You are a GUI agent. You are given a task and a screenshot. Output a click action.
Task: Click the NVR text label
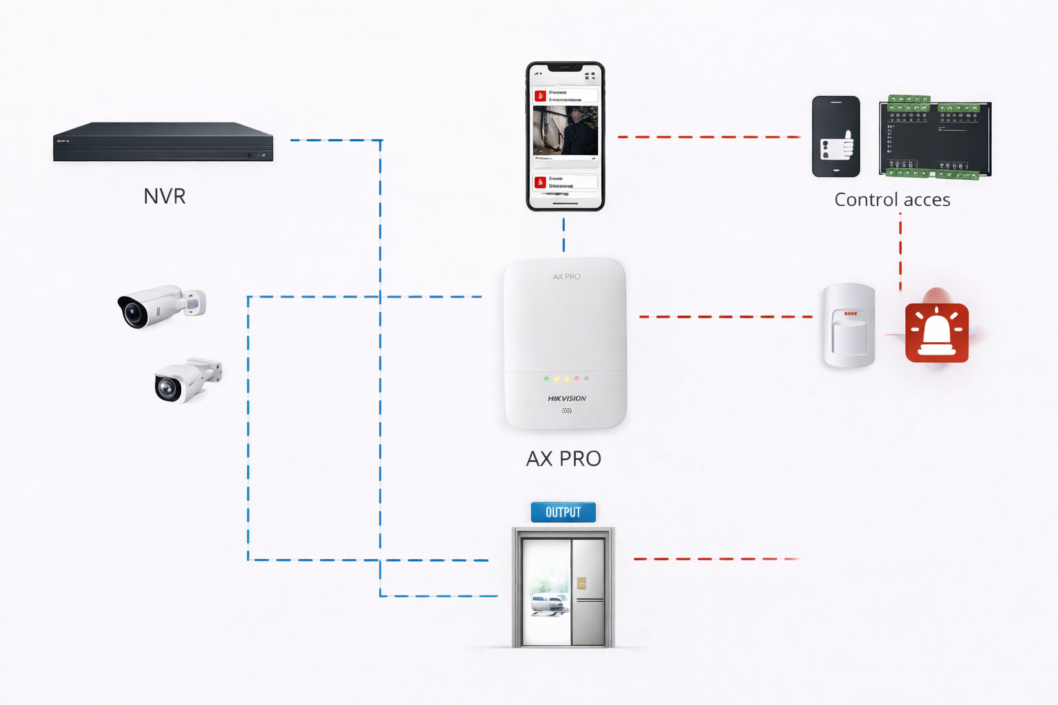tap(165, 196)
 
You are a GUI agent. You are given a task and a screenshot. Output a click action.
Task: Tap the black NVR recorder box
tap(163, 143)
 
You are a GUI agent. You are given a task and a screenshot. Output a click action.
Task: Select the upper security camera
tap(161, 306)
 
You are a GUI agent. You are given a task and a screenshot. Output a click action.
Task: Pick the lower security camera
tap(187, 379)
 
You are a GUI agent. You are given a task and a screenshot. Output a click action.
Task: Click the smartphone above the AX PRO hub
tap(566, 136)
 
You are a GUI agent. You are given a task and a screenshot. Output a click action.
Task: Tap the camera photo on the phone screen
tap(566, 130)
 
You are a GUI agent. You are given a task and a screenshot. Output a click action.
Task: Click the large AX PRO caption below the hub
tap(563, 459)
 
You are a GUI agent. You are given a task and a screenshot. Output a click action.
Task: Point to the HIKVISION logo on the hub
tap(567, 399)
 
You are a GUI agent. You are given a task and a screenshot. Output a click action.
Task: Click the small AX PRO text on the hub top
tap(566, 277)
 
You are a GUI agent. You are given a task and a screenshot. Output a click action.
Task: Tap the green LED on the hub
tap(546, 379)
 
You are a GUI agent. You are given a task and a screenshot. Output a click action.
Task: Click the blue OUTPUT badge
tap(563, 512)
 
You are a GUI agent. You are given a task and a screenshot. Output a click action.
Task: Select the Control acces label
tap(892, 200)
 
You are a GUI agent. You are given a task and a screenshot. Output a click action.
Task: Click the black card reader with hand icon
tap(836, 136)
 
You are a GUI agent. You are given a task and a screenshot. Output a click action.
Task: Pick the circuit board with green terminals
tap(935, 138)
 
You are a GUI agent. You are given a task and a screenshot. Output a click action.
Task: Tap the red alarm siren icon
tap(937, 333)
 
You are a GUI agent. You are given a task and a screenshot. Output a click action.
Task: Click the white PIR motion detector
tap(849, 326)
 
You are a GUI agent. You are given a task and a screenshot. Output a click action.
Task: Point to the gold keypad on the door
tap(581, 583)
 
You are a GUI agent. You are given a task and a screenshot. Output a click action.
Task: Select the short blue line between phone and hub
tap(563, 235)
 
